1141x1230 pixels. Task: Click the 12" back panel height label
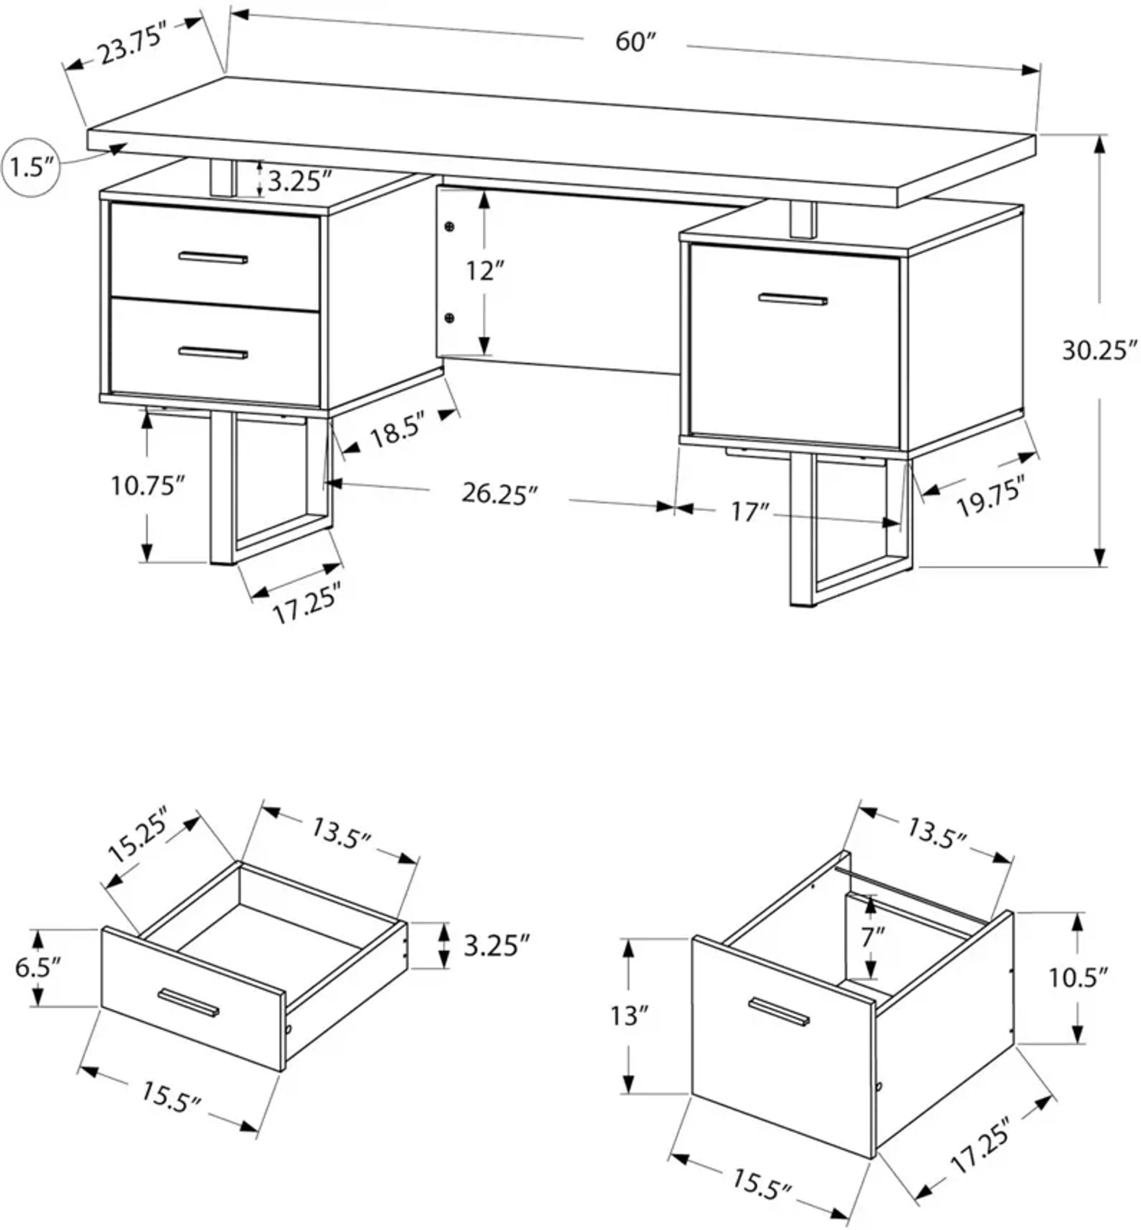click(x=485, y=271)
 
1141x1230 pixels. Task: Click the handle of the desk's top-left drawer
click(x=213, y=257)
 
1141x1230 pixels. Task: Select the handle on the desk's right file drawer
click(x=793, y=300)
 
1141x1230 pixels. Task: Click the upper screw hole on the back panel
click(x=450, y=227)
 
